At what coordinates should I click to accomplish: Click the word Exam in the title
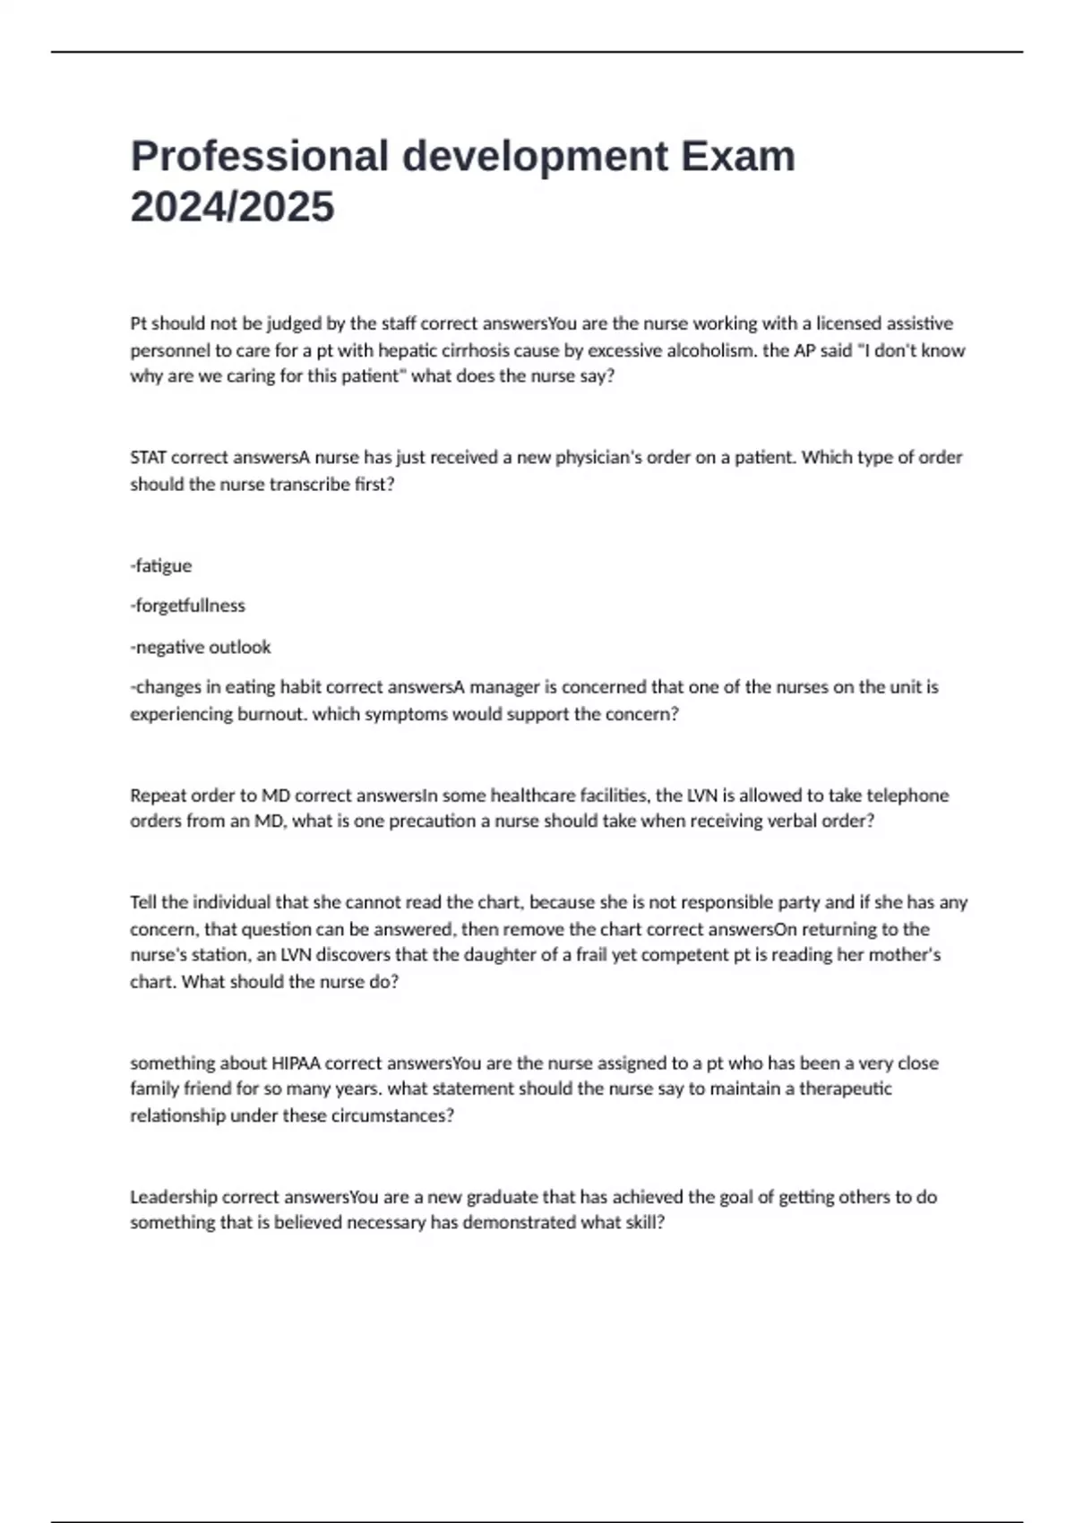(738, 156)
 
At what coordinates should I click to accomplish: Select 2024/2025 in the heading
(232, 207)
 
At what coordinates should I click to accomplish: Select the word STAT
(148, 458)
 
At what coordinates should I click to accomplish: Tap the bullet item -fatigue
(161, 566)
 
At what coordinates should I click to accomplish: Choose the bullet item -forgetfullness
(187, 607)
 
